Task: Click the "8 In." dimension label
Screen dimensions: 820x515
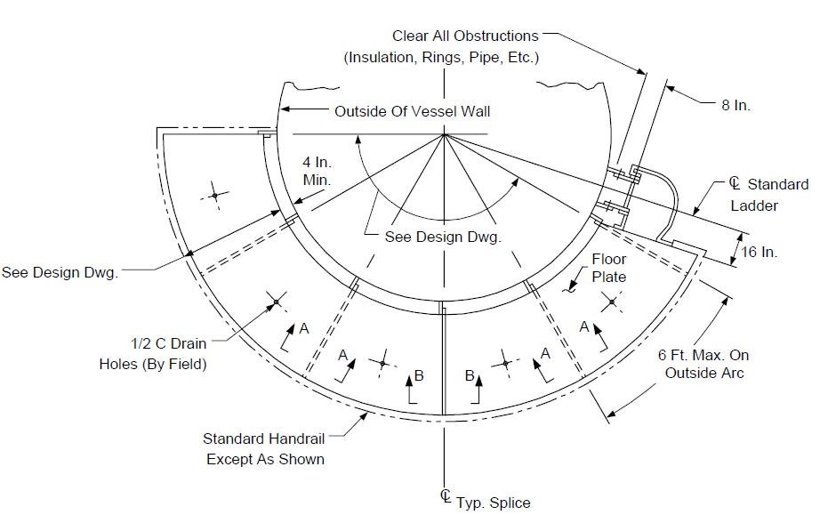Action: pos(736,106)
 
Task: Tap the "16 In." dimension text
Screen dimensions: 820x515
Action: pos(759,252)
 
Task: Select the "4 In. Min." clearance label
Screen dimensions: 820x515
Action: pos(317,171)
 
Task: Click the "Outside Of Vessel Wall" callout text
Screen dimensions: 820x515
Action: pos(412,111)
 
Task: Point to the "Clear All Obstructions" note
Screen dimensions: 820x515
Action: pos(465,36)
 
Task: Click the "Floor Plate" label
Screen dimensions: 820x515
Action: pos(608,268)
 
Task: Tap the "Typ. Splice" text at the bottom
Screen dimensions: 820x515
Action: pos(493,503)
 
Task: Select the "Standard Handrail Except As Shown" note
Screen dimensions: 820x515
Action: pos(264,448)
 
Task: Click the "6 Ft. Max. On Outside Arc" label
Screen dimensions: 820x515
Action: pos(703,364)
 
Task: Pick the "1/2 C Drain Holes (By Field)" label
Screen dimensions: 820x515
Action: pos(153,354)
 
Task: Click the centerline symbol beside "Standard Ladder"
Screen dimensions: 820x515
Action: pos(735,183)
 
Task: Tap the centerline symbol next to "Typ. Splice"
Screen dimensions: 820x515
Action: pos(446,496)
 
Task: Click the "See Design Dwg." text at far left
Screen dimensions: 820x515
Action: pos(60,272)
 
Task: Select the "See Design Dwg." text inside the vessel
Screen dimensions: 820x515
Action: pos(443,237)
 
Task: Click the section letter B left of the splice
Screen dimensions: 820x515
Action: pos(419,375)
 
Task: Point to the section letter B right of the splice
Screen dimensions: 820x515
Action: pos(470,375)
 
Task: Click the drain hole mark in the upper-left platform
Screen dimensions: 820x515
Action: pos(214,196)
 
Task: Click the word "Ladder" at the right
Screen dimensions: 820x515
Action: pos(754,205)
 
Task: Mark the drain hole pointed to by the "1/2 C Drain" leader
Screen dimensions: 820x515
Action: pos(276,302)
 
